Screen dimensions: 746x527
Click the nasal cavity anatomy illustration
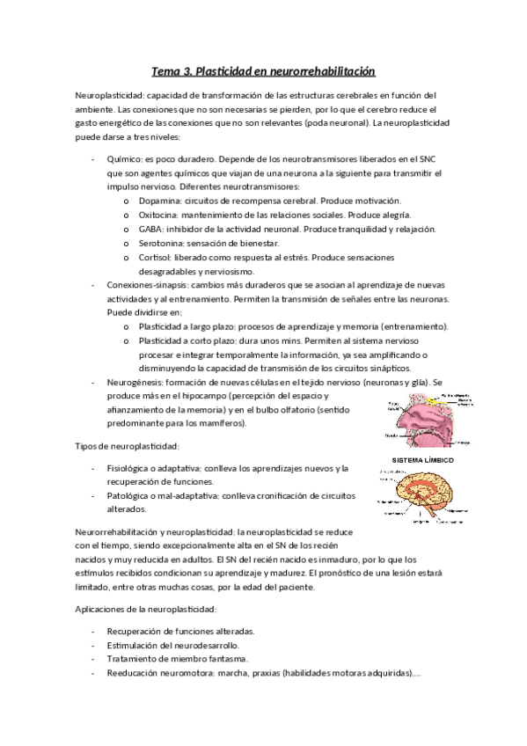coord(421,417)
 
